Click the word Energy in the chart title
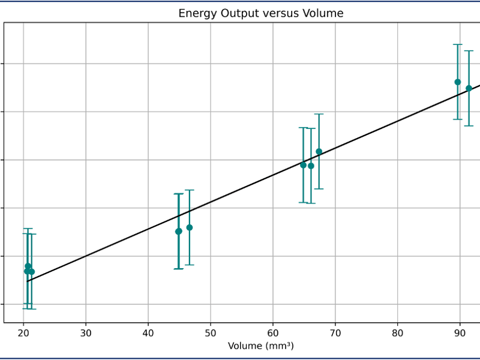point(196,13)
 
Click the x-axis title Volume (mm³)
point(260,346)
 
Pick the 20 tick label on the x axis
point(23,332)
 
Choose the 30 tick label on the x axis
point(86,332)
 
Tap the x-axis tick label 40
point(148,332)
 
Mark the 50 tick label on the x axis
point(211,332)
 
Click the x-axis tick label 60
point(273,332)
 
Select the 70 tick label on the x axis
point(335,332)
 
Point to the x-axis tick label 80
point(398,332)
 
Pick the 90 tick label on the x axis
point(460,332)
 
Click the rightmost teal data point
point(469,88)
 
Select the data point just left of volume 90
point(458,82)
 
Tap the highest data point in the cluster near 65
point(319,151)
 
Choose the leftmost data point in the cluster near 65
point(303,165)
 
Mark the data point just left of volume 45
point(178,231)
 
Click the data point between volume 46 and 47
point(190,227)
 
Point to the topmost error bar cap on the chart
point(458,44)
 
